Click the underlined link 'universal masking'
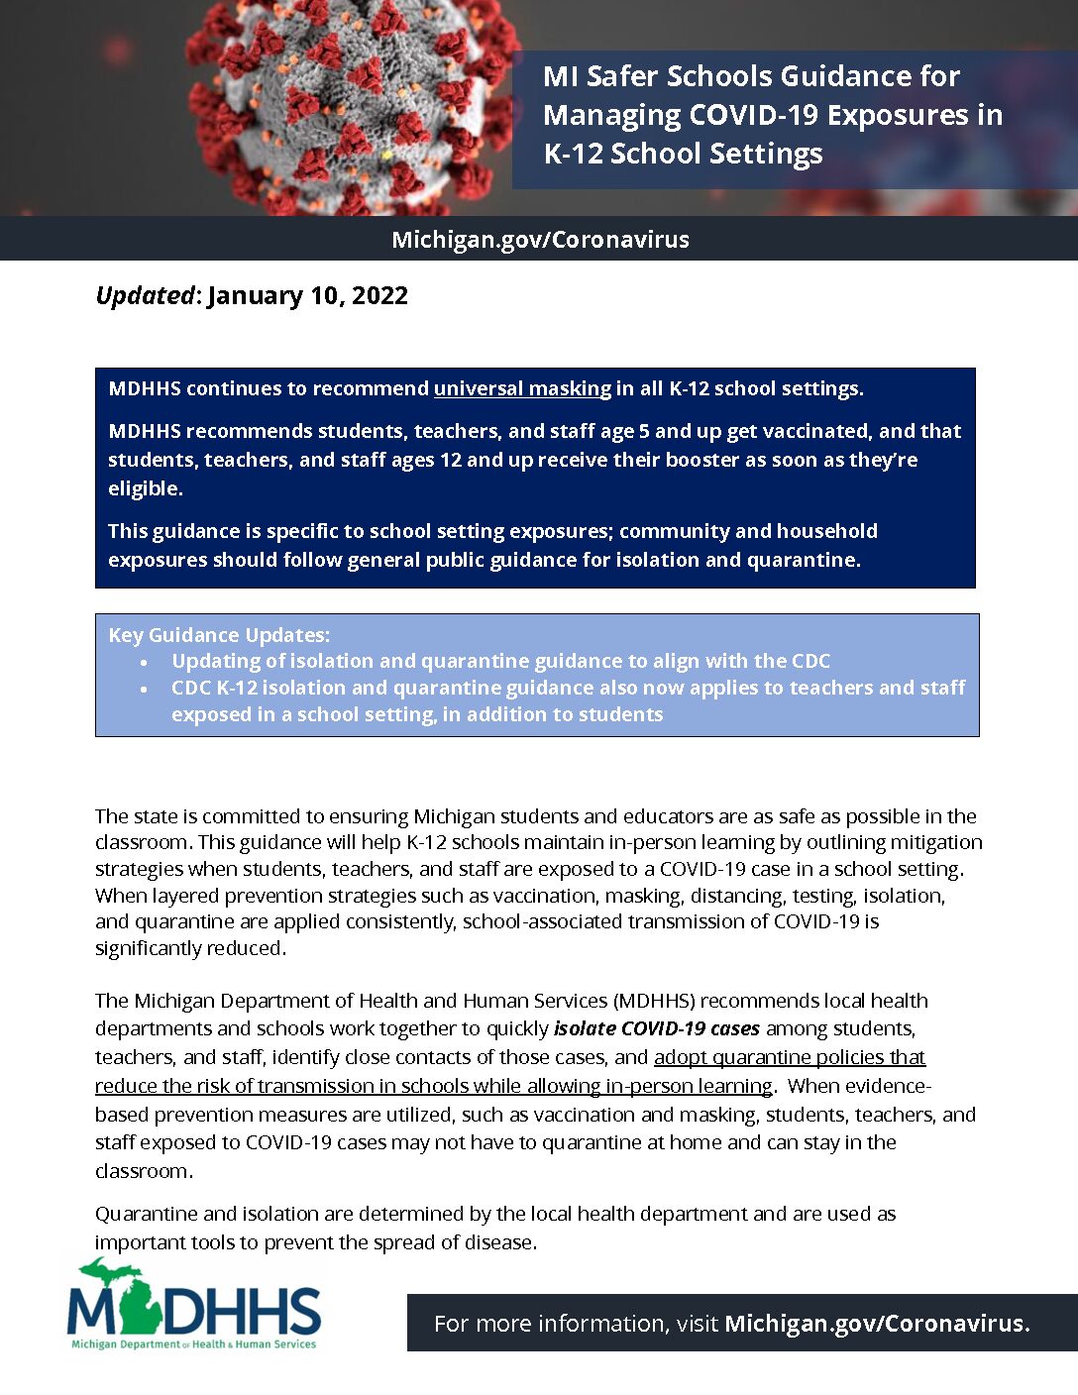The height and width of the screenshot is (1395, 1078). click(522, 388)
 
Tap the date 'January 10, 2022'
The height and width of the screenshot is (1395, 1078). click(307, 295)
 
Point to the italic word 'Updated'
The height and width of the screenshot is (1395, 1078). click(145, 295)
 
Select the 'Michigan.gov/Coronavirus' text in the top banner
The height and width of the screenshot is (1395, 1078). click(540, 240)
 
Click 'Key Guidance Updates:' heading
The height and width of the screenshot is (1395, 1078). click(219, 635)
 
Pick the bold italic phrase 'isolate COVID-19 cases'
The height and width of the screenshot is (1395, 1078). click(657, 1028)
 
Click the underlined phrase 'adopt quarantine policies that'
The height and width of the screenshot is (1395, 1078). click(790, 1057)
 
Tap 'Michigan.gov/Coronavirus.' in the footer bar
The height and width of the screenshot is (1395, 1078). click(877, 1324)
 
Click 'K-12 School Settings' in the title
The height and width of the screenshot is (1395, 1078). click(683, 154)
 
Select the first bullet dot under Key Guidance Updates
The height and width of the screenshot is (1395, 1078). click(145, 662)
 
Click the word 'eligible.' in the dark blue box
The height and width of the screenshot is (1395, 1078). click(146, 488)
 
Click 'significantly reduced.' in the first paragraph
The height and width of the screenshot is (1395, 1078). click(190, 948)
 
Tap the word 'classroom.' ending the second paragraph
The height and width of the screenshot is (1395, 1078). click(144, 1171)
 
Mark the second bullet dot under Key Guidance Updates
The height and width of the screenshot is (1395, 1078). click(145, 689)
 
